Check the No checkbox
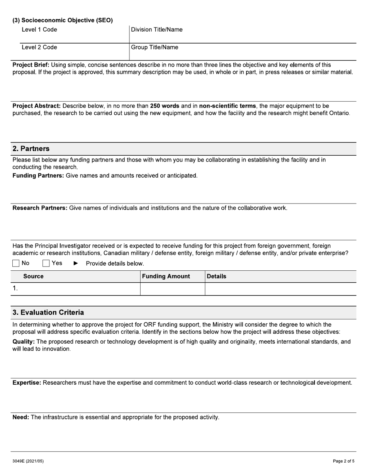click(16, 263)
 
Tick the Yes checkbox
click(46, 263)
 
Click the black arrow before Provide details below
click(76, 263)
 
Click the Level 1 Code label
click(39, 30)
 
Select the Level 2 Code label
click(39, 47)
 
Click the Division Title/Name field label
click(157, 30)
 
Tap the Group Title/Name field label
click(155, 47)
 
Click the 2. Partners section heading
click(31, 149)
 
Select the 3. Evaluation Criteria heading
click(48, 312)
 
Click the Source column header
click(33, 277)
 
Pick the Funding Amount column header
click(166, 277)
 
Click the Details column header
click(217, 277)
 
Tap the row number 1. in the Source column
click(15, 288)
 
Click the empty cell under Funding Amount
click(172, 289)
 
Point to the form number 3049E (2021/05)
click(28, 461)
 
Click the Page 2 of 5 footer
click(343, 461)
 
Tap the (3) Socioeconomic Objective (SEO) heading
click(63, 20)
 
